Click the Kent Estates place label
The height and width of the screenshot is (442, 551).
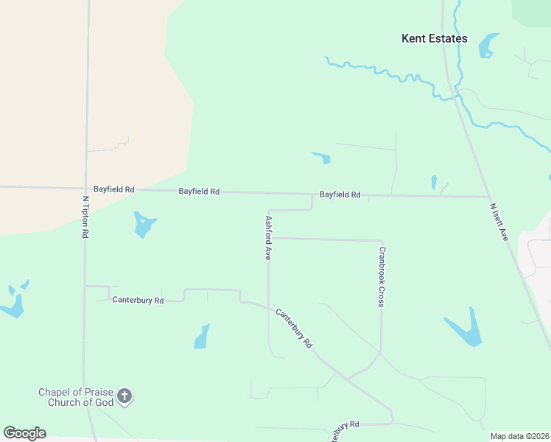coord(434,38)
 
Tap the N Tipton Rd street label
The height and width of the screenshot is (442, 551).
coord(85,217)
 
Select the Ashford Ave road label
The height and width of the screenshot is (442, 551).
coord(269,238)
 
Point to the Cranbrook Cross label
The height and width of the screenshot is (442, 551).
coord(382,276)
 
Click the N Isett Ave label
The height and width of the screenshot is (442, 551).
coord(499,222)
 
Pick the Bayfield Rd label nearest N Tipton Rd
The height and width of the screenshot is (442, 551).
coord(113,189)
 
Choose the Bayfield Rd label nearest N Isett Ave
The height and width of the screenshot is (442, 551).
coord(340,195)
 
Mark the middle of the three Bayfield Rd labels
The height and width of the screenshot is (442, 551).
coord(199,192)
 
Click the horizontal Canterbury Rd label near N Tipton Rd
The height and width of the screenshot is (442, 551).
coord(137,300)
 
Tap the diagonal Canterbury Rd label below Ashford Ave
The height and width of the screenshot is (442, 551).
coord(295,329)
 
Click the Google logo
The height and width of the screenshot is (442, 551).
coord(24,433)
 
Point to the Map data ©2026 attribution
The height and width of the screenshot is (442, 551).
coord(520,436)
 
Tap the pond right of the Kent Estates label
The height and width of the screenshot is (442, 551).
coord(488,46)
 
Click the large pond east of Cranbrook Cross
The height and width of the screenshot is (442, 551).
coord(466,329)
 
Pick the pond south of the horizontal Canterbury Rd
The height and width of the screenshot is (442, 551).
coord(202,337)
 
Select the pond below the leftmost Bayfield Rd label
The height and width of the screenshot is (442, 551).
coord(144,225)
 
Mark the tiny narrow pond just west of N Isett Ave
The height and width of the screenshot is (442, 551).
coord(434,183)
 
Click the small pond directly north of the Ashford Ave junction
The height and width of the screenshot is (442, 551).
coord(322,157)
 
